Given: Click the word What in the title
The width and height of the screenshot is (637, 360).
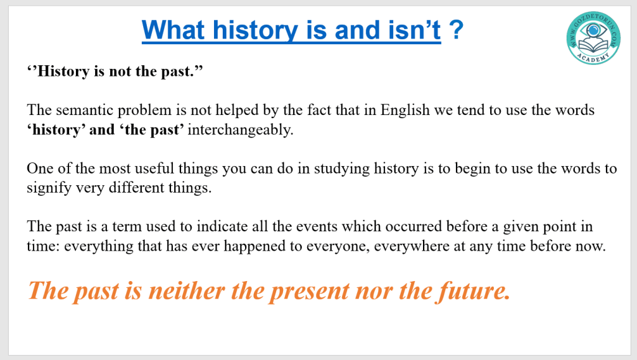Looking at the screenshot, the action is pyautogui.click(x=174, y=30).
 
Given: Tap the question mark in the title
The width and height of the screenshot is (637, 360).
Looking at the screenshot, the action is pyautogui.click(x=456, y=30).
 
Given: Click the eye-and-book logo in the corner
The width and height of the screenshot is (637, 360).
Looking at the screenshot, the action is pyautogui.click(x=593, y=38).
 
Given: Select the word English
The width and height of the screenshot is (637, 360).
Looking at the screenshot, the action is pyautogui.click(x=404, y=110).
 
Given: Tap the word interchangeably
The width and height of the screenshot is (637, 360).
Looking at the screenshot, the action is pyautogui.click(x=240, y=130).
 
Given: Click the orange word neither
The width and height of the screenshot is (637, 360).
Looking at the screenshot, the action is pyautogui.click(x=187, y=290).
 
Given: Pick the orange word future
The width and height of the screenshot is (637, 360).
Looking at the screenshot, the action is pyautogui.click(x=473, y=292).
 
